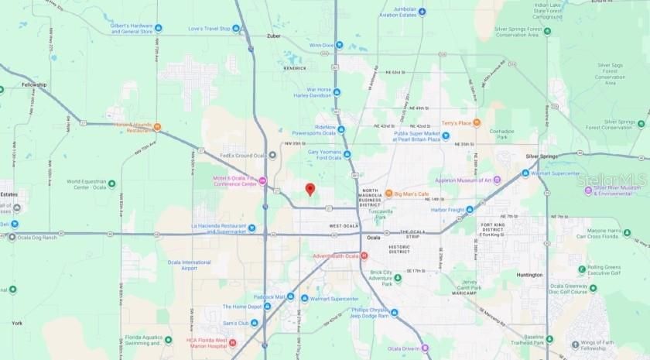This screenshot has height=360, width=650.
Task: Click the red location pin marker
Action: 310,189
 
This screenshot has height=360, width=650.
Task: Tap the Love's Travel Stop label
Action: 210,29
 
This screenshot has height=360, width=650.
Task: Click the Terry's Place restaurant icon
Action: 477,122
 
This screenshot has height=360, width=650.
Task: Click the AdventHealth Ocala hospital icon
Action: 364,255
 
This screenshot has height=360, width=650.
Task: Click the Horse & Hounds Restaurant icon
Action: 157,126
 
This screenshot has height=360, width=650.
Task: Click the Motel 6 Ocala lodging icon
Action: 262,182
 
